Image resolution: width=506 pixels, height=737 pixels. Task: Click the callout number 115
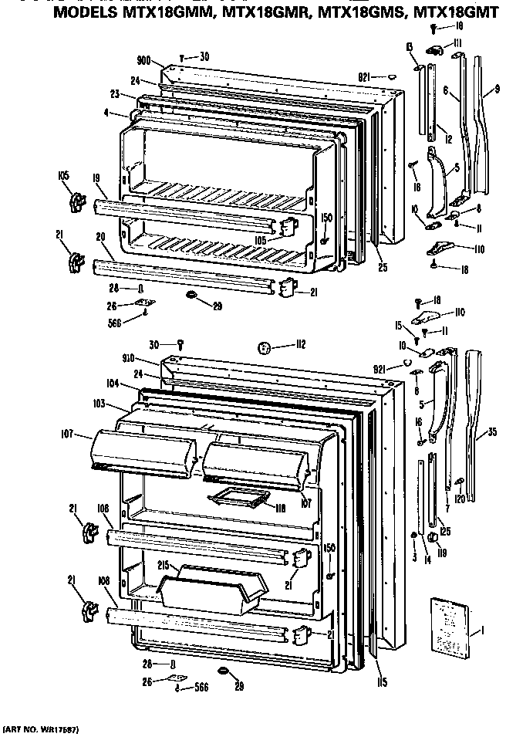pyautogui.click(x=382, y=681)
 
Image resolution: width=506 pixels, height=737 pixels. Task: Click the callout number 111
pyautogui.click(x=457, y=42)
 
